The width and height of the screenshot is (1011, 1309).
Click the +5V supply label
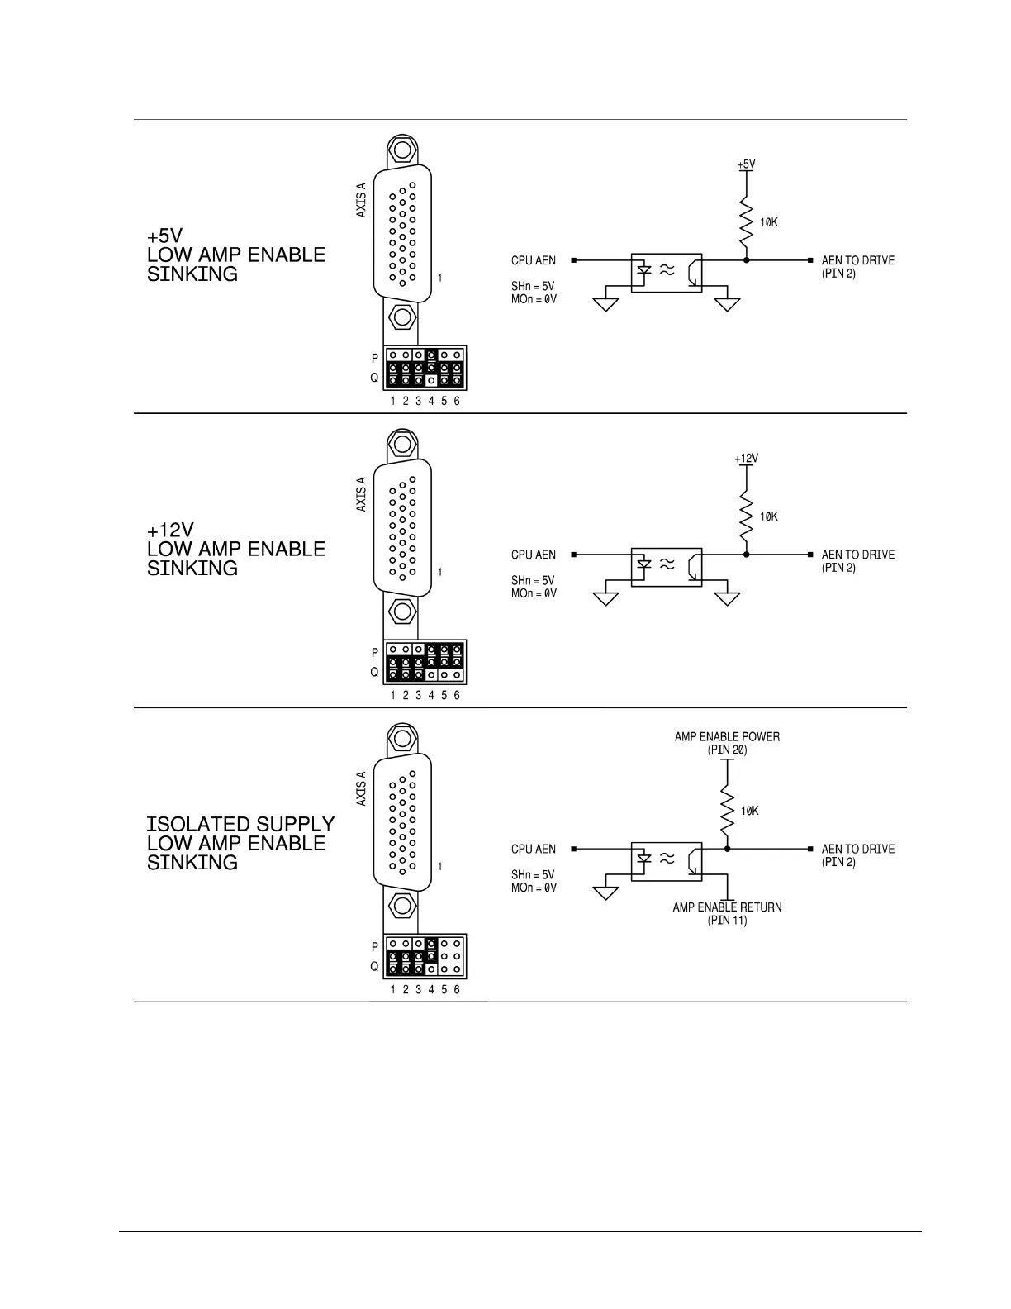pos(746,164)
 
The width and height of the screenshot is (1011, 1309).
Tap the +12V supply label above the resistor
pos(746,459)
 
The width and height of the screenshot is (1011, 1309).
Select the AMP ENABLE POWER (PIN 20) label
pos(727,743)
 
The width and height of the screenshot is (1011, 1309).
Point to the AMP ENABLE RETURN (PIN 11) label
pos(727,913)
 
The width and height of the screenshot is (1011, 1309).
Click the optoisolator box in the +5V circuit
pos(667,273)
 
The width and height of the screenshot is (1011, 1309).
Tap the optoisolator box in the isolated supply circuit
pos(667,861)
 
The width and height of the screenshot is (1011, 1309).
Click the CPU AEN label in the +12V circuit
pos(534,555)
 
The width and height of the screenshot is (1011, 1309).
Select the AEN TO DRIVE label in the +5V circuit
pos(857,266)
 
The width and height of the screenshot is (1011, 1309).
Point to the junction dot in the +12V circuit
pos(746,555)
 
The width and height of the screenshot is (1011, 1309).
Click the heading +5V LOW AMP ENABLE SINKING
pos(235,255)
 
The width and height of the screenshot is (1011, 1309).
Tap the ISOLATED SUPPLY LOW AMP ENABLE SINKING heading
pos(240,843)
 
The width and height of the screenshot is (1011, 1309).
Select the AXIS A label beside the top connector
pos(361,201)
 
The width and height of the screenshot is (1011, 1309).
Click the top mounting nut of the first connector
pos(402,150)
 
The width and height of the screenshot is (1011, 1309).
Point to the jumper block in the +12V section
pos(425,662)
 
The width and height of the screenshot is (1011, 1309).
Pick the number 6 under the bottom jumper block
pos(457,989)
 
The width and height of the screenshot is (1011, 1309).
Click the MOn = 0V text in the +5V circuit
pos(534,299)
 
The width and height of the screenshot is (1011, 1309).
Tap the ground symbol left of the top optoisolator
pos(606,302)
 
